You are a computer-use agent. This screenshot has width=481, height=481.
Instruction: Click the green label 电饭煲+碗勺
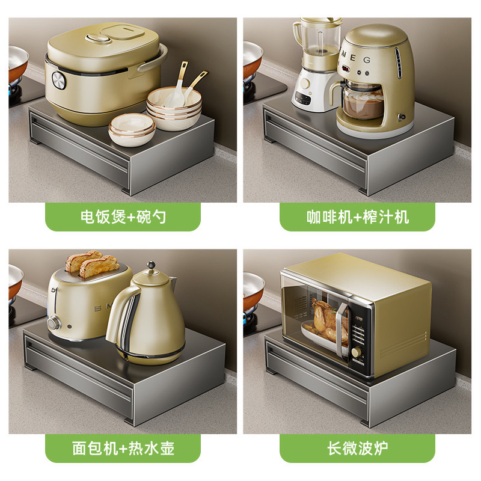(123, 217)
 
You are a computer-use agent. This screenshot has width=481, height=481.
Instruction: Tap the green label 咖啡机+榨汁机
(357, 217)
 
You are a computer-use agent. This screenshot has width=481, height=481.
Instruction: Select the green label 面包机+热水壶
(123, 448)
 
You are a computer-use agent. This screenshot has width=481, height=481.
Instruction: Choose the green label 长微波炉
(357, 448)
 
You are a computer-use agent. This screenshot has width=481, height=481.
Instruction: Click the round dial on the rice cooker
(58, 81)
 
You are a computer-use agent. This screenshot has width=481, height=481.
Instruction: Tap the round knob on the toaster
(54, 323)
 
